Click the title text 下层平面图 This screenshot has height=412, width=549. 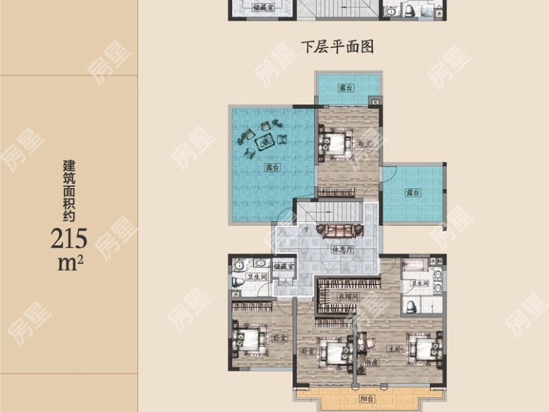click(341, 47)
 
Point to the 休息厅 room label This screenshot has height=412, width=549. click(341, 250)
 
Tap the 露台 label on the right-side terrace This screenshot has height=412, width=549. click(412, 193)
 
